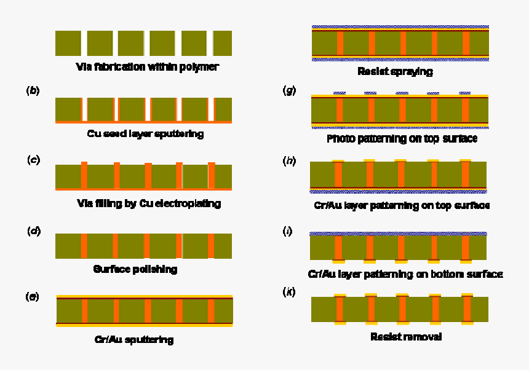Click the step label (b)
click(x=33, y=90)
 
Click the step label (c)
click(x=34, y=160)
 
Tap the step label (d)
click(x=34, y=231)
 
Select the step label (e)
click(x=32, y=297)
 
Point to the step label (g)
click(x=289, y=90)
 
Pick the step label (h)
click(x=289, y=161)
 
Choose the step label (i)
click(x=287, y=231)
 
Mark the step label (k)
click(x=288, y=292)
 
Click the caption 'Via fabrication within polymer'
click(x=147, y=66)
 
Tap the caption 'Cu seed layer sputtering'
click(x=145, y=133)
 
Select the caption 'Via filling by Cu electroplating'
click(x=149, y=203)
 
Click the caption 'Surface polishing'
click(x=135, y=269)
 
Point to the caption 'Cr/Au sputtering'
click(x=134, y=339)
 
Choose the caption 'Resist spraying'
click(x=395, y=71)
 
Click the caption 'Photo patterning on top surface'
click(x=402, y=139)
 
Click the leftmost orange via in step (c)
click(x=84, y=175)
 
